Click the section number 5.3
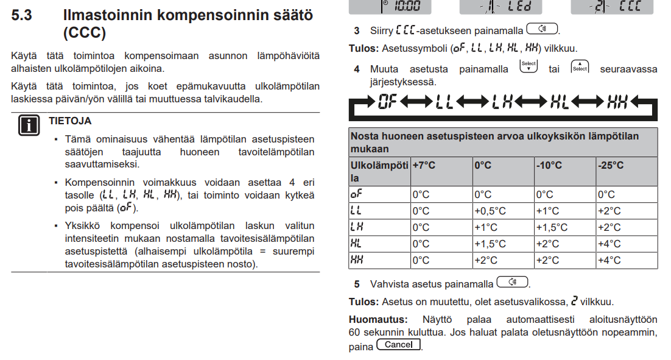pyautogui.click(x=21, y=15)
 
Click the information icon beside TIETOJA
pyautogui.click(x=27, y=125)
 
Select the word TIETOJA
pyautogui.click(x=70, y=121)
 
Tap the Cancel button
pyautogui.click(x=399, y=345)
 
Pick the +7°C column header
pyautogui.click(x=424, y=165)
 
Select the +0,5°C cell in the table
pyautogui.click(x=490, y=211)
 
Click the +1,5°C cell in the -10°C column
pyautogui.click(x=552, y=227)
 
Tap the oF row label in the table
pyautogui.click(x=356, y=194)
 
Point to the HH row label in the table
pyautogui.click(x=357, y=260)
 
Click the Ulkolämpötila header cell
pyautogui.click(x=379, y=171)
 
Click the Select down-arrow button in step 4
pyautogui.click(x=529, y=66)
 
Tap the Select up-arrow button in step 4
pyautogui.click(x=580, y=66)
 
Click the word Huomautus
pyautogui.click(x=378, y=319)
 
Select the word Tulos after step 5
pyautogui.click(x=364, y=302)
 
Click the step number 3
pyautogui.click(x=357, y=30)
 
